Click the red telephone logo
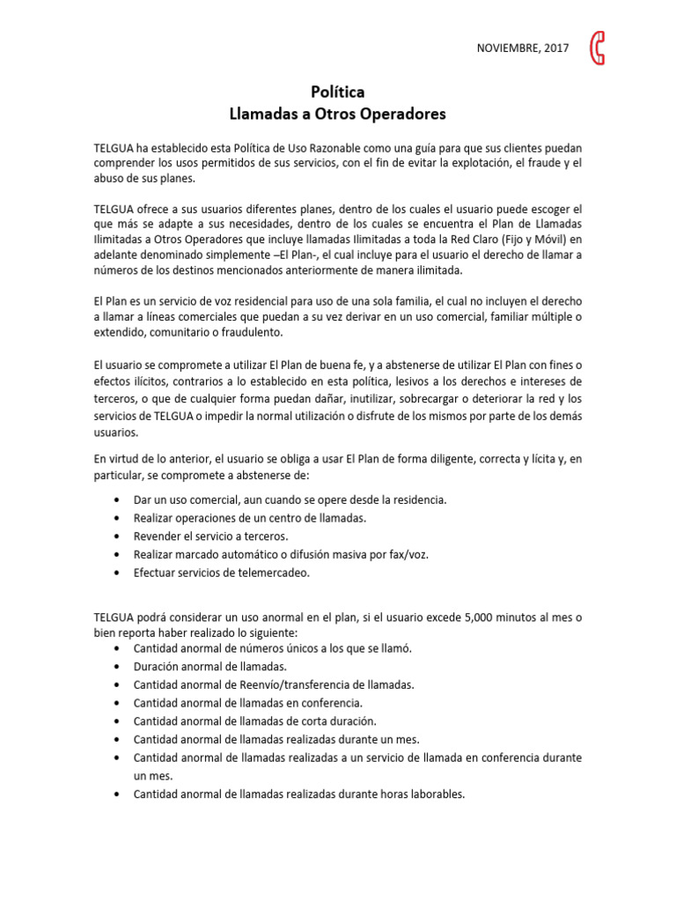[599, 48]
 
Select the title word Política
[338, 92]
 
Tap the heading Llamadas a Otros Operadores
[338, 114]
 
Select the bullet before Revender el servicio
[119, 536]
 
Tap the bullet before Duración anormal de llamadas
[119, 666]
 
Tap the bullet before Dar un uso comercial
[119, 499]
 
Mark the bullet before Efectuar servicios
[119, 573]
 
